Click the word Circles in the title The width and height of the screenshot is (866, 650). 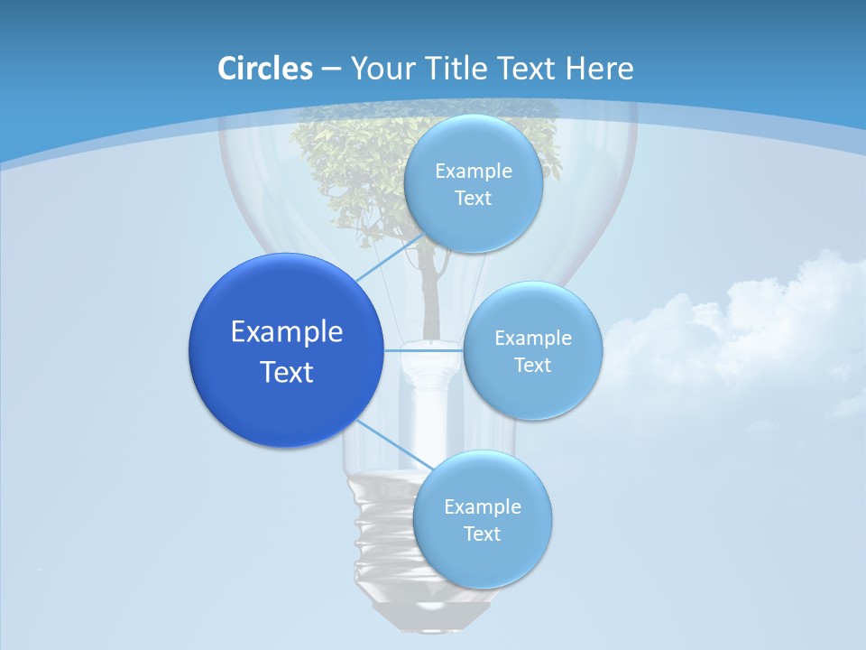click(264, 69)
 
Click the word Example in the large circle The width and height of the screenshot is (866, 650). click(286, 331)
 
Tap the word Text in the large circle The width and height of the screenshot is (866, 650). click(286, 372)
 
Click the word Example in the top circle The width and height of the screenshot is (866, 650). click(473, 171)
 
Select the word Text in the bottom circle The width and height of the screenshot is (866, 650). click(482, 534)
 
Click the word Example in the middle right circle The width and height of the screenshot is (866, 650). click(532, 338)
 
